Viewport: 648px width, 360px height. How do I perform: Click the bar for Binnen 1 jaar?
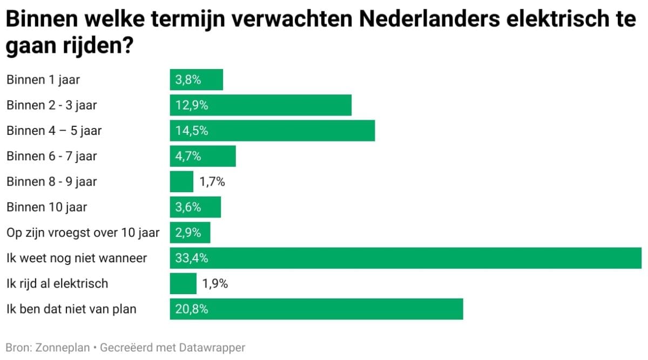(197, 80)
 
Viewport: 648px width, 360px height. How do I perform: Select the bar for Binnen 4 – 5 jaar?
(272, 131)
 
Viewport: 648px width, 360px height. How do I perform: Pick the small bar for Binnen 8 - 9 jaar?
(181, 181)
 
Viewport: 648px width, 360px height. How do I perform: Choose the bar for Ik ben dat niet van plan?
(316, 309)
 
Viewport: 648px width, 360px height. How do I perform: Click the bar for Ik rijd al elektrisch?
(183, 283)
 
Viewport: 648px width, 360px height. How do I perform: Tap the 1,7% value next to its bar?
(212, 181)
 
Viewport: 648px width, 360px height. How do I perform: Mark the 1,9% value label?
(215, 283)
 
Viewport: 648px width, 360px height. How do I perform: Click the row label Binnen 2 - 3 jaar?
(52, 105)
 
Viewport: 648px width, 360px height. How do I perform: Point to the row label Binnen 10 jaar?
(47, 207)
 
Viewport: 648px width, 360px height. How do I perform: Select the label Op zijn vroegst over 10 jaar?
(83, 233)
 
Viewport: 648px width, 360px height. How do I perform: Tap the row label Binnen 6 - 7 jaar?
(52, 156)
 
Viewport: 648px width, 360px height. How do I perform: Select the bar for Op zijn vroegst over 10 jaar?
(190, 233)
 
